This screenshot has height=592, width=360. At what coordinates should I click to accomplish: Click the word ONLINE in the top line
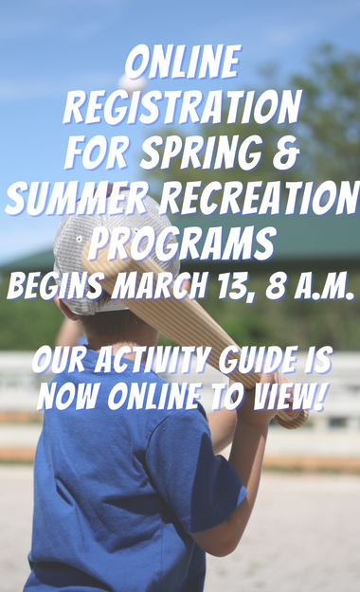180,65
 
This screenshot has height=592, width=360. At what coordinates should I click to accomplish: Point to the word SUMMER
71,198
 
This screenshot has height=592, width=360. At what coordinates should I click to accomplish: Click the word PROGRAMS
180,242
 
